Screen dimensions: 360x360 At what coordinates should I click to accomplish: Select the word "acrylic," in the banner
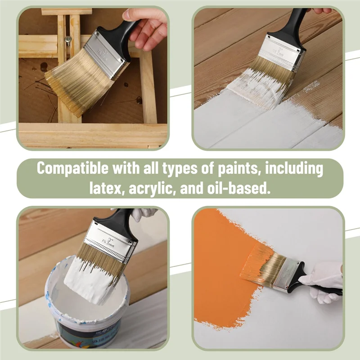151,188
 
